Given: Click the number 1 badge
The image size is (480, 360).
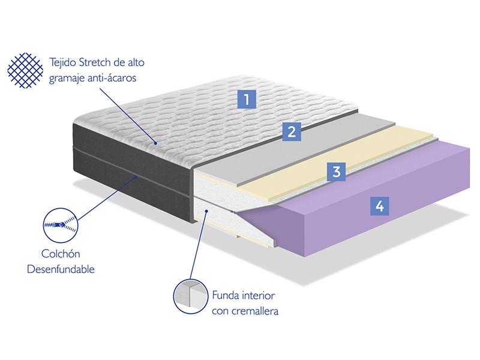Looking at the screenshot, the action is [x=247, y=99].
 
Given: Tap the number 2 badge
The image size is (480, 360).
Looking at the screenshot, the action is [x=292, y=131].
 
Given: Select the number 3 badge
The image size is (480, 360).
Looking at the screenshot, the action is [x=336, y=172].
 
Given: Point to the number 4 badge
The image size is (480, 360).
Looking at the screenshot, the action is [x=380, y=206].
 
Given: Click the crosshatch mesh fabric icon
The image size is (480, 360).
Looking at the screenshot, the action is [x=25, y=70].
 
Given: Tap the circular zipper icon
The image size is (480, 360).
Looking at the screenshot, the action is [x=61, y=226].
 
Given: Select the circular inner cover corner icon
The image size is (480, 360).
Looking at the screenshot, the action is [x=191, y=296].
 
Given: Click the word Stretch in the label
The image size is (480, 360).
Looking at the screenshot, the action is [x=95, y=62].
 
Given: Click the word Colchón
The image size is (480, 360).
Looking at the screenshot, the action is [x=61, y=254].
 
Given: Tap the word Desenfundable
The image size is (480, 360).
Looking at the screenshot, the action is [x=61, y=269].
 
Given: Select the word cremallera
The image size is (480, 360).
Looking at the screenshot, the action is [x=255, y=311].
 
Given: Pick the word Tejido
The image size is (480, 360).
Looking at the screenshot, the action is [x=62, y=63].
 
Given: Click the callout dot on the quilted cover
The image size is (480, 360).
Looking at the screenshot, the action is [x=156, y=143].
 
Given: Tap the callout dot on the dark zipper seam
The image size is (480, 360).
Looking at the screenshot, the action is [x=137, y=176].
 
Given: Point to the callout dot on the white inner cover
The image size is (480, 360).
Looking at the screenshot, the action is [x=207, y=211].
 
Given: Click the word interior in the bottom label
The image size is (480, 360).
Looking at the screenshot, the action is [x=259, y=296].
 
